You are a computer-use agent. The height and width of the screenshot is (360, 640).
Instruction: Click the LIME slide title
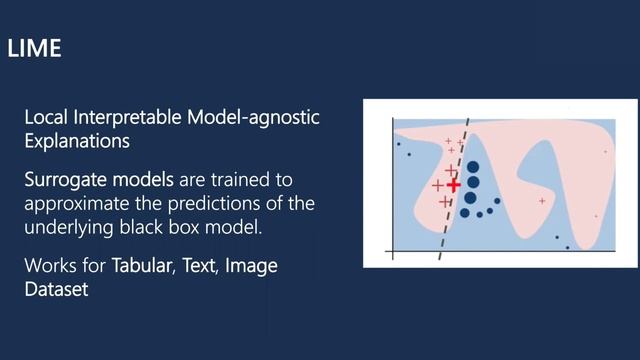click(x=34, y=48)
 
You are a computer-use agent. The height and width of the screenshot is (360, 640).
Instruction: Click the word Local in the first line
click(x=46, y=118)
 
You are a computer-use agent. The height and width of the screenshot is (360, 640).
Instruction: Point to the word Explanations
click(x=77, y=141)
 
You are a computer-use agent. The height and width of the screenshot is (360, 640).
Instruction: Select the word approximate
click(x=74, y=204)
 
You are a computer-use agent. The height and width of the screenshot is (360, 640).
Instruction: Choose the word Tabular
click(x=142, y=266)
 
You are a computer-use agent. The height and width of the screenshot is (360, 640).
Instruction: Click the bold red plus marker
click(x=454, y=185)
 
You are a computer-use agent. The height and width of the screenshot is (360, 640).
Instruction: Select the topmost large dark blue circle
click(x=472, y=168)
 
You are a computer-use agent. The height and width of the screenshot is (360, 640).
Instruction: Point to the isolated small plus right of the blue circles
click(x=542, y=201)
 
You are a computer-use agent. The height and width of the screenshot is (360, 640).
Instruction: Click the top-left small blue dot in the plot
click(x=399, y=144)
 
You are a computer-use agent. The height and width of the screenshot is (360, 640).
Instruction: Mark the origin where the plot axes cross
click(x=393, y=250)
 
